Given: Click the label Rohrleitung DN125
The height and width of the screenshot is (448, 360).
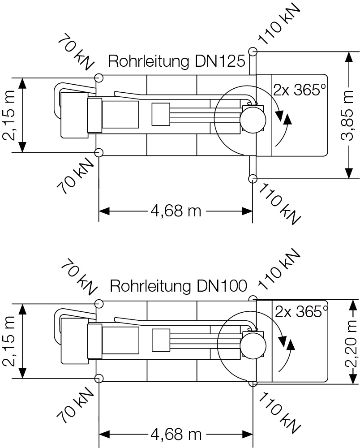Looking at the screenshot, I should [177, 61].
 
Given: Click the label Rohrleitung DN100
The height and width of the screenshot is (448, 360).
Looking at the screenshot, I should [178, 286].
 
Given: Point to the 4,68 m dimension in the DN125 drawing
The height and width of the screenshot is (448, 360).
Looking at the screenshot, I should [176, 210].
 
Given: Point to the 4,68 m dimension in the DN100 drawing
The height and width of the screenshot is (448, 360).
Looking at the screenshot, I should [176, 434].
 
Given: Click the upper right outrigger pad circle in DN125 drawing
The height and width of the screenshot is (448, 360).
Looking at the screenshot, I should [253, 52].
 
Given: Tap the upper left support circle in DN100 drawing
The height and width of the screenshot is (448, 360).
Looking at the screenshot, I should [99, 304].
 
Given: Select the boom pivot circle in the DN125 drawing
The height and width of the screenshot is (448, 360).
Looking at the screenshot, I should [253, 118].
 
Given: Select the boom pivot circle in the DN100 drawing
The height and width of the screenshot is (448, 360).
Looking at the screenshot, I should [253, 345].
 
